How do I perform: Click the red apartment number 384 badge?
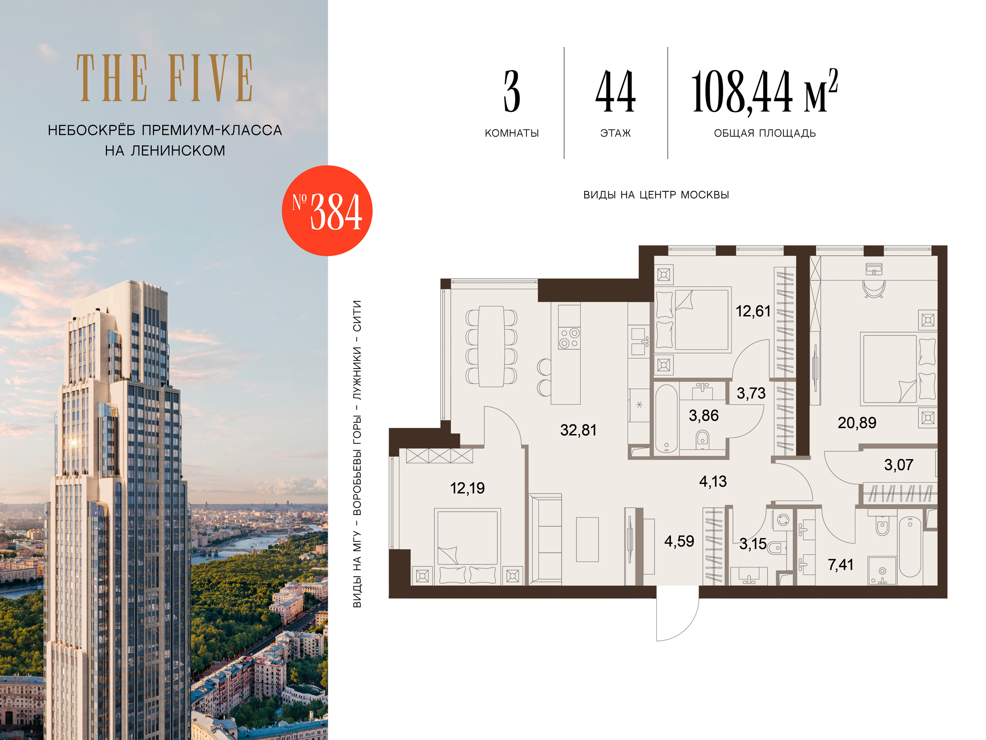point(327,211)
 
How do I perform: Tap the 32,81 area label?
point(578,430)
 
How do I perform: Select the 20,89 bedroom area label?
point(857,423)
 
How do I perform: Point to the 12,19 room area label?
point(467,488)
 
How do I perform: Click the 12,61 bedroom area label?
point(753,311)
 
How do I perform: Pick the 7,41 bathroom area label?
point(841,565)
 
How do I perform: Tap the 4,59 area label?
point(679,541)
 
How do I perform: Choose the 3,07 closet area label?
point(898,465)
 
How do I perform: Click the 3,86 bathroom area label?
point(704,416)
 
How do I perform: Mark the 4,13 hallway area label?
point(713,481)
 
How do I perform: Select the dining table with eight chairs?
point(491,346)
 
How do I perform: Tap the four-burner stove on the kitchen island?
point(569,338)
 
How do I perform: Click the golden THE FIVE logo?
point(165,78)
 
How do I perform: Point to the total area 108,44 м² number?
point(765,92)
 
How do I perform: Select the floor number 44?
point(615,92)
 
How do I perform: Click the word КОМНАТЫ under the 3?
point(512,133)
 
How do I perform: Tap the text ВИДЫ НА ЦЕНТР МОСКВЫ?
point(656,195)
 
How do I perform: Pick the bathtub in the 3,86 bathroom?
point(667,419)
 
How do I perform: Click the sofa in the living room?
point(545,539)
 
